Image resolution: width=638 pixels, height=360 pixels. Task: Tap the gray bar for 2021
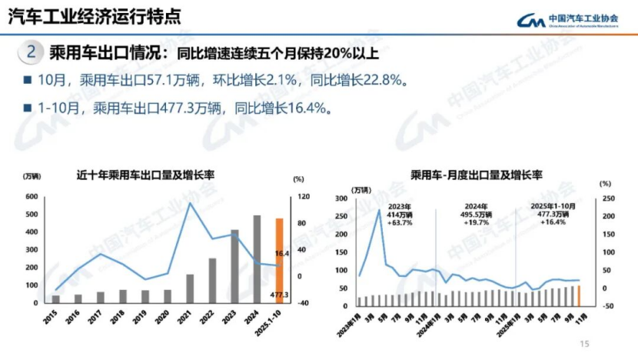coord(190,288)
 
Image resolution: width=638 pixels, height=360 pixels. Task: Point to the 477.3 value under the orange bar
coord(279,295)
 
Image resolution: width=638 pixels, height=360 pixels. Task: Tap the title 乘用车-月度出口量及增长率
coord(477,175)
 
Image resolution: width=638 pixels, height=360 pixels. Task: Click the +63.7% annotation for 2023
coord(400,223)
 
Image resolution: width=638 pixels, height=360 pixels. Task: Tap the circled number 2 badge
coord(30,53)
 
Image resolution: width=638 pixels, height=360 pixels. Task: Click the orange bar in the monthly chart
coord(579,296)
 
